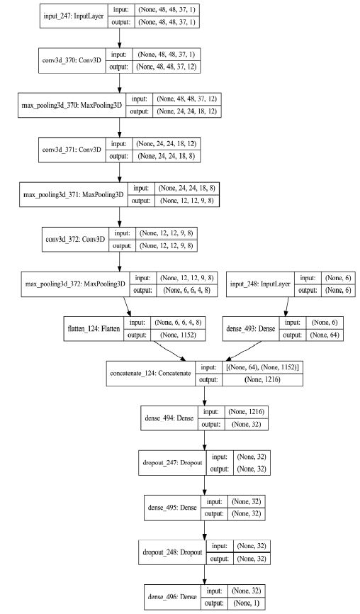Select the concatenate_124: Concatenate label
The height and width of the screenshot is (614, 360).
point(150,374)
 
